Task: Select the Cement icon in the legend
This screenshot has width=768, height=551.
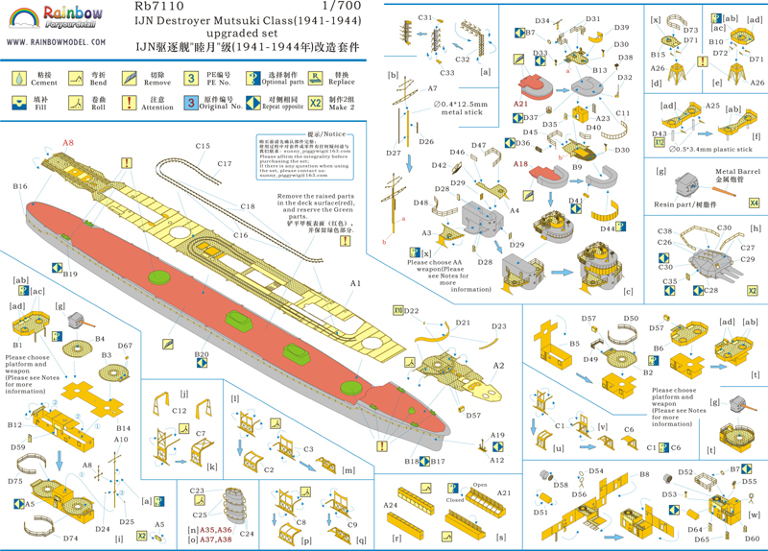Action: click(19, 76)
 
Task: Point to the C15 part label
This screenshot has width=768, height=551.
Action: click(203, 146)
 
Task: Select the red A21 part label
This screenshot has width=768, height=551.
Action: click(521, 103)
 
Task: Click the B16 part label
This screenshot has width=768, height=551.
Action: click(20, 186)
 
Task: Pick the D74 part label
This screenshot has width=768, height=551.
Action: click(71, 539)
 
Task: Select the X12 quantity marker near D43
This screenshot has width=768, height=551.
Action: click(659, 142)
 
